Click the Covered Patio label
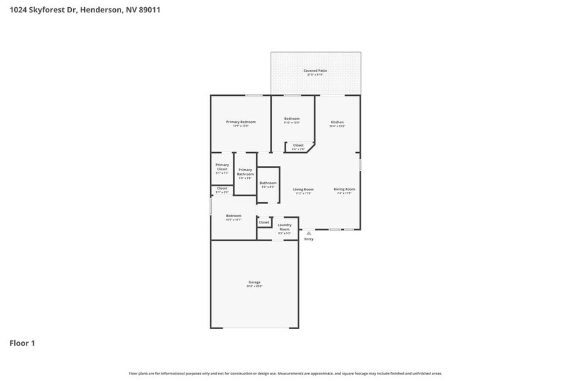(315, 71)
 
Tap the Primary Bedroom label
(240, 122)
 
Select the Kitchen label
(337, 122)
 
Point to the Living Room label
(303, 189)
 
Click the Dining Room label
(344, 189)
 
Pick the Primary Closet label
(222, 167)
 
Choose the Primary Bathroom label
(245, 172)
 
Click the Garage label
(254, 282)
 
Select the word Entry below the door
(309, 239)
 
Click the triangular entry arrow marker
(309, 233)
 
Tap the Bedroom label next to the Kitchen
(292, 119)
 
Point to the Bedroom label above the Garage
(234, 216)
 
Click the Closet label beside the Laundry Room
(264, 222)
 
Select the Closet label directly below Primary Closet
(222, 189)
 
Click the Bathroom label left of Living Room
(268, 183)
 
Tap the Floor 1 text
(22, 343)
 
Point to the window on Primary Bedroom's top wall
(254, 95)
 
